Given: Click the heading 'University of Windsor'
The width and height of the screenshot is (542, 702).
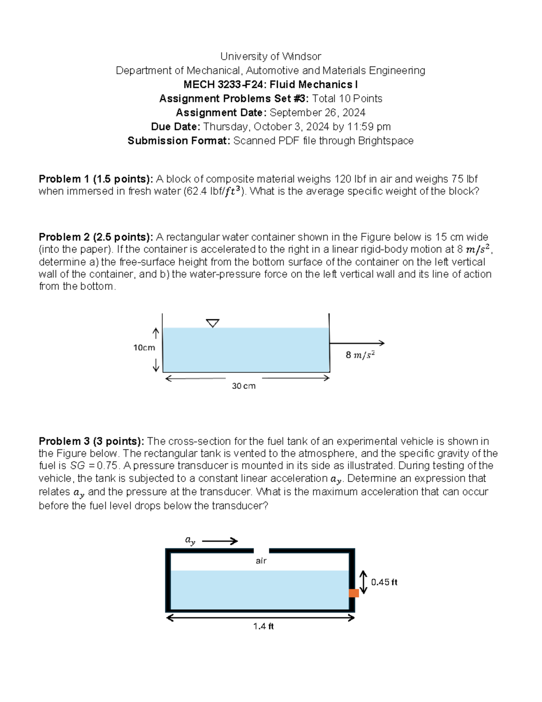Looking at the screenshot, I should (271, 57).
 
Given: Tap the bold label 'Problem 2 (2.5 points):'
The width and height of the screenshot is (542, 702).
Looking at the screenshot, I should (96, 237).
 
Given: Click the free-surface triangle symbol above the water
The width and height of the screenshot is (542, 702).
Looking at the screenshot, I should (212, 323).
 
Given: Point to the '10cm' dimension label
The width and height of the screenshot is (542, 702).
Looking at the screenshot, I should (144, 348).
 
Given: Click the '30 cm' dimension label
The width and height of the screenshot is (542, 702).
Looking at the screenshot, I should (243, 386).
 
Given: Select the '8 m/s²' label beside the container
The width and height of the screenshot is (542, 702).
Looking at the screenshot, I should (360, 355).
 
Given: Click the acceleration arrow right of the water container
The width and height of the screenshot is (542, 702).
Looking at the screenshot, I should (357, 343).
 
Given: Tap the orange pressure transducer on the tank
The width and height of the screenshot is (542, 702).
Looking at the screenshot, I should (354, 593).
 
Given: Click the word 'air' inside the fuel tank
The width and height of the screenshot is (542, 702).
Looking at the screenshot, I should (261, 561).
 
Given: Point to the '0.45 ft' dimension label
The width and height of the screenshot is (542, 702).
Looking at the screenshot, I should (384, 582).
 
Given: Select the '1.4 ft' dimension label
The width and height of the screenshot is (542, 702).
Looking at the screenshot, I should (263, 627).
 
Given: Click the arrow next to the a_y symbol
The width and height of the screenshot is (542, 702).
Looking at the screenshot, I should (220, 541).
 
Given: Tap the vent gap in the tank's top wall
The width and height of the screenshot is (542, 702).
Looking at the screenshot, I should (261, 551).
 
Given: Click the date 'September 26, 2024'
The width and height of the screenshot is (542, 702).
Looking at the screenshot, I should (317, 113).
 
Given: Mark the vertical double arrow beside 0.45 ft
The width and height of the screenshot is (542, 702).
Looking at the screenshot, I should (364, 582).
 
